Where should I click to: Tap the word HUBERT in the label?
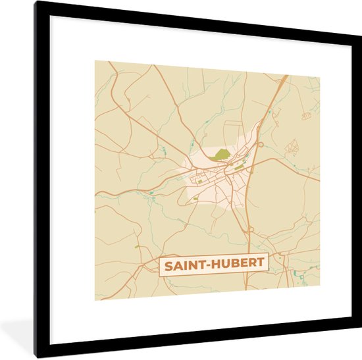tap(235, 265)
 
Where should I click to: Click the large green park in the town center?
tap(222, 155)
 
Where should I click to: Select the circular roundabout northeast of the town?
tap(261, 144)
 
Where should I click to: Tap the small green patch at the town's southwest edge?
tap(195, 197)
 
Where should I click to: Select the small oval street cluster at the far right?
tap(306, 116)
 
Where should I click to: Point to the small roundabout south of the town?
tap(250, 230)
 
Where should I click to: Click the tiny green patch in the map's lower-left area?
tap(138, 247)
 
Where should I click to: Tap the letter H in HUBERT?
tap(214, 265)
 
